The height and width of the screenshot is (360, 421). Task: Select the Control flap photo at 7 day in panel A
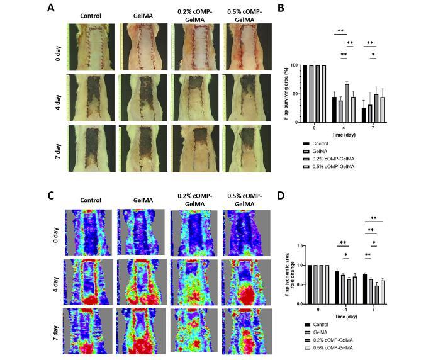coord(93,147)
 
